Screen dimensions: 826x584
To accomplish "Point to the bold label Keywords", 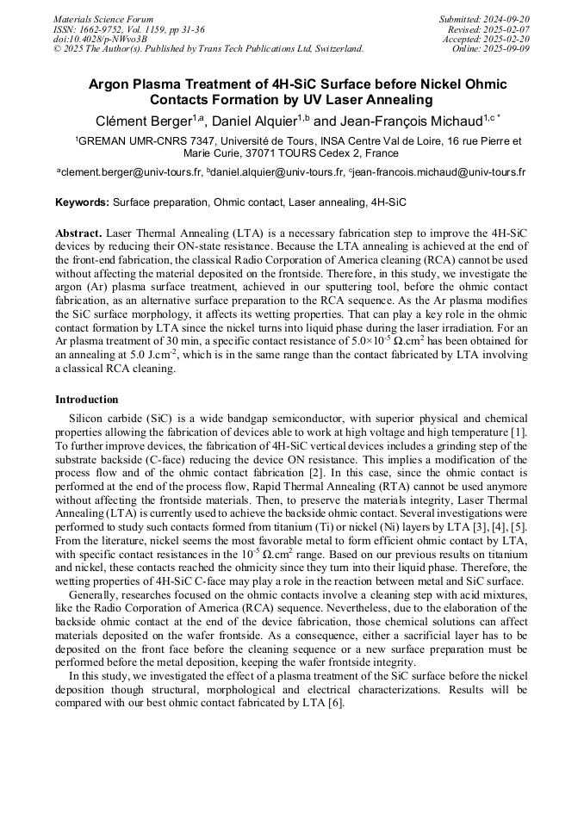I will pos(82,203).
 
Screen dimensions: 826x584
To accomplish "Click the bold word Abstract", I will pos(78,233).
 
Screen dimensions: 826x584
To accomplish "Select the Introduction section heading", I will pos(87,400).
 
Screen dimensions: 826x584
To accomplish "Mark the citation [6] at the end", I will pos(335,703).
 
